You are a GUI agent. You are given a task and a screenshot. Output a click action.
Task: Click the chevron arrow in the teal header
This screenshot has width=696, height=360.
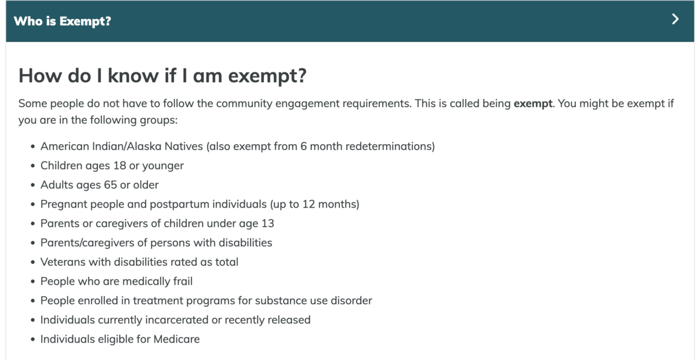tap(675, 19)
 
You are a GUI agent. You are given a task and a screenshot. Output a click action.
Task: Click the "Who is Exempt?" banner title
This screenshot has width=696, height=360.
tap(62, 21)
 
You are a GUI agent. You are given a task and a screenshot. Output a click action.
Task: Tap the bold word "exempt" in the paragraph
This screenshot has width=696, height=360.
tap(533, 103)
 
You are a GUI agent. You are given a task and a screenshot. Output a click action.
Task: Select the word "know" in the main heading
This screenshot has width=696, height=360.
tap(133, 75)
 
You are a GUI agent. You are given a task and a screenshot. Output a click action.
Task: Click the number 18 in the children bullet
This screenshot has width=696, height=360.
tap(119, 166)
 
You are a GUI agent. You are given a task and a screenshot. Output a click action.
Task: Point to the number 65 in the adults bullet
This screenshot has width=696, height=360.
tap(110, 185)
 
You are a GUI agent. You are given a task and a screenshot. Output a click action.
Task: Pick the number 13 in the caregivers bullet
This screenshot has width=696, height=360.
tap(267, 223)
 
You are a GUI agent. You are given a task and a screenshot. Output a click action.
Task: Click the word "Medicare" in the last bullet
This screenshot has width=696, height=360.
tap(176, 339)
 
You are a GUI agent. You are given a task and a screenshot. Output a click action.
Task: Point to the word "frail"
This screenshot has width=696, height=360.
tap(183, 281)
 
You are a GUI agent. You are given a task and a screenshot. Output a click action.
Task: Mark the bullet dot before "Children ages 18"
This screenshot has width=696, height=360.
tap(32, 166)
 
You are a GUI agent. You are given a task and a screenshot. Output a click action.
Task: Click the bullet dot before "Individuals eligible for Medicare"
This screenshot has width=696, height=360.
tap(32, 339)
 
